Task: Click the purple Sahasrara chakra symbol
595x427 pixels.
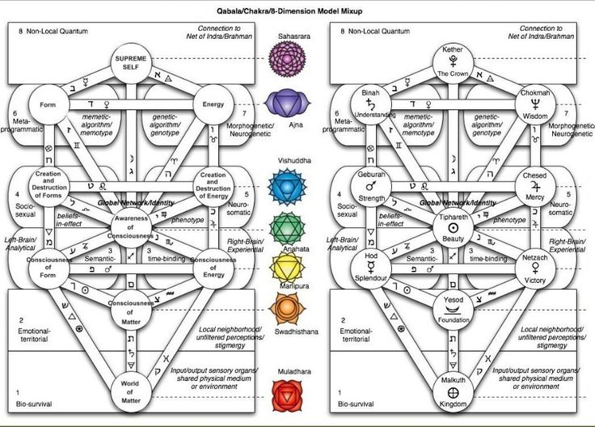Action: (x=285, y=57)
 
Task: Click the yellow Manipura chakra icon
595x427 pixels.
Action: (x=285, y=268)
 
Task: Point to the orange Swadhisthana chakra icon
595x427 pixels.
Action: (x=285, y=309)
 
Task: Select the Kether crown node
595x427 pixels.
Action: (x=454, y=61)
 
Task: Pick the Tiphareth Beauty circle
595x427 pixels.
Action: (x=454, y=229)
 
